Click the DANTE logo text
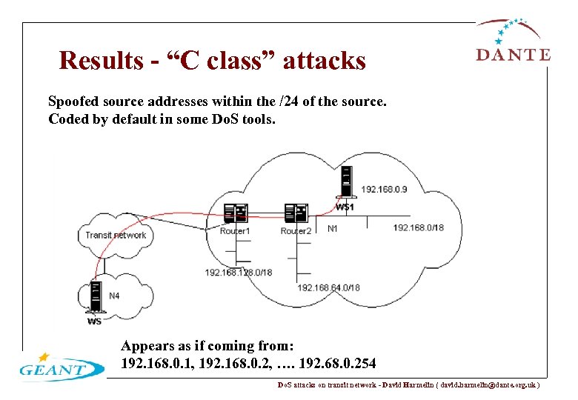[x=512, y=54]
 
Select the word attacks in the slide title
[x=324, y=60]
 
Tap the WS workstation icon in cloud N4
[x=94, y=299]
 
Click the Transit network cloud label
[x=116, y=236]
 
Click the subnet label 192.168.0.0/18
[x=418, y=228]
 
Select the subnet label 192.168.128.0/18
[x=239, y=272]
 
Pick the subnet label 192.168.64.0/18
[x=328, y=287]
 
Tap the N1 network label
[x=333, y=229]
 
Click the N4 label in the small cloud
[x=114, y=296]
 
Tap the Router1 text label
[x=235, y=231]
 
